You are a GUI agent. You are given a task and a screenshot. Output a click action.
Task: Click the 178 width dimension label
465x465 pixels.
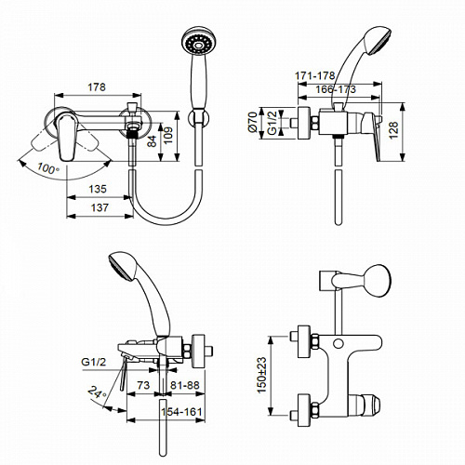(97, 87)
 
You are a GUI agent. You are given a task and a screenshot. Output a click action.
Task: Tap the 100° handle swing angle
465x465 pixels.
(48, 168)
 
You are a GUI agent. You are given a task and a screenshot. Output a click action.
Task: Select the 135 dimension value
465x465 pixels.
(98, 189)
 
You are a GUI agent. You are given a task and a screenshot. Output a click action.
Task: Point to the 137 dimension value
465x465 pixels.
(100, 207)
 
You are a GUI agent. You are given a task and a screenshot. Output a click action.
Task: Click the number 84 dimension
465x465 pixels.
(153, 141)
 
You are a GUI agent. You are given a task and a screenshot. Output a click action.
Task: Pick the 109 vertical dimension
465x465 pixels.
(168, 136)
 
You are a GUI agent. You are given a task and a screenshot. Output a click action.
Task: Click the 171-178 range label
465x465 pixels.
(314, 76)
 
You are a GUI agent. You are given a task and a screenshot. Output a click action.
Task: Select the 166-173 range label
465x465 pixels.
(336, 89)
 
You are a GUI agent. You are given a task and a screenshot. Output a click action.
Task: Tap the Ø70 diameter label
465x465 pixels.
(253, 123)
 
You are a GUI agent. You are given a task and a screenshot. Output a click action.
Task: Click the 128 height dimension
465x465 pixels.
(393, 130)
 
